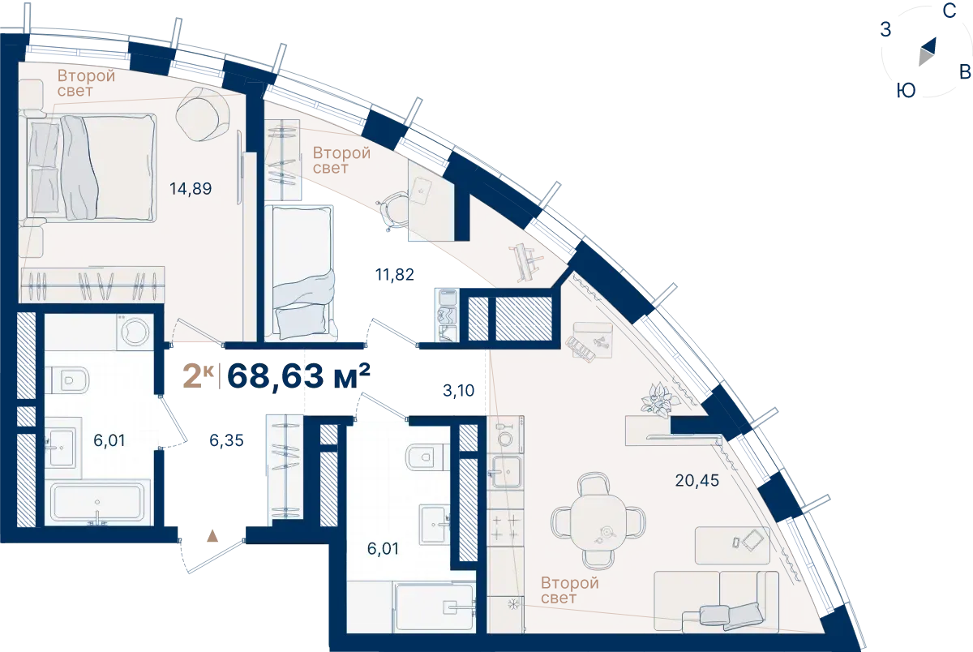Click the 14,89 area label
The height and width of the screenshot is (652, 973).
pos(191,188)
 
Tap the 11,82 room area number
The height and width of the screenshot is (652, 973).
pos(394,275)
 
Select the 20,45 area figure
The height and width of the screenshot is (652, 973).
pos(697,480)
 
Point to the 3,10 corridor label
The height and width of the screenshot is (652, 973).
pos(458,391)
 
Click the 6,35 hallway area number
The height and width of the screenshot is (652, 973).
pos(226,440)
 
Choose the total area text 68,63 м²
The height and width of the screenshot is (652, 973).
pos(299,375)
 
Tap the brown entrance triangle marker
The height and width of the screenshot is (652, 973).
pos(212,535)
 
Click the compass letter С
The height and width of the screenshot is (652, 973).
pos(949,11)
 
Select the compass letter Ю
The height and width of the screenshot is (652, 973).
pos(907,91)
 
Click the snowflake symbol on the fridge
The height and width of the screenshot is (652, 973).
pos(513,604)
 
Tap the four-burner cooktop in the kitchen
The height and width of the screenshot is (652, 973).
pos(504,527)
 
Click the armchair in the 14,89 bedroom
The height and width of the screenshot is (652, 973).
pos(203,114)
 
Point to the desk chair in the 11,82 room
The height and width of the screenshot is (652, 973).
pos(393,212)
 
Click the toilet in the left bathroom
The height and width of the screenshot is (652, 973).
pos(66,380)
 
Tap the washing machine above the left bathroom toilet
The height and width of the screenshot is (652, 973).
pos(135,332)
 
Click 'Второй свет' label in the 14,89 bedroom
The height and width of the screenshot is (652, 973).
pos(86,83)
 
